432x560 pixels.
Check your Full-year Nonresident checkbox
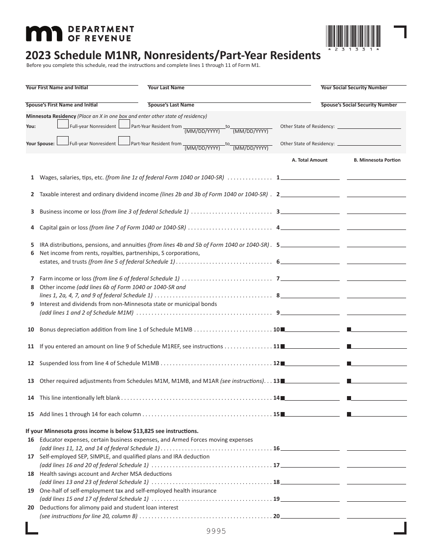pos(63,125)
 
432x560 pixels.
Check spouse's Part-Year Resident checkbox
pos(124,142)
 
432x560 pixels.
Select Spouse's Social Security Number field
pos(359,99)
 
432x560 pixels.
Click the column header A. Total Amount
pos(309,160)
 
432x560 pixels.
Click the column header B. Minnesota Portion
pos(377,160)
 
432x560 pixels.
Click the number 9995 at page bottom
pos(216,531)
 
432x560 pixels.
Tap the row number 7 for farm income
pos(32,278)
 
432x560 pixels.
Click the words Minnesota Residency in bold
pos(50,116)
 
